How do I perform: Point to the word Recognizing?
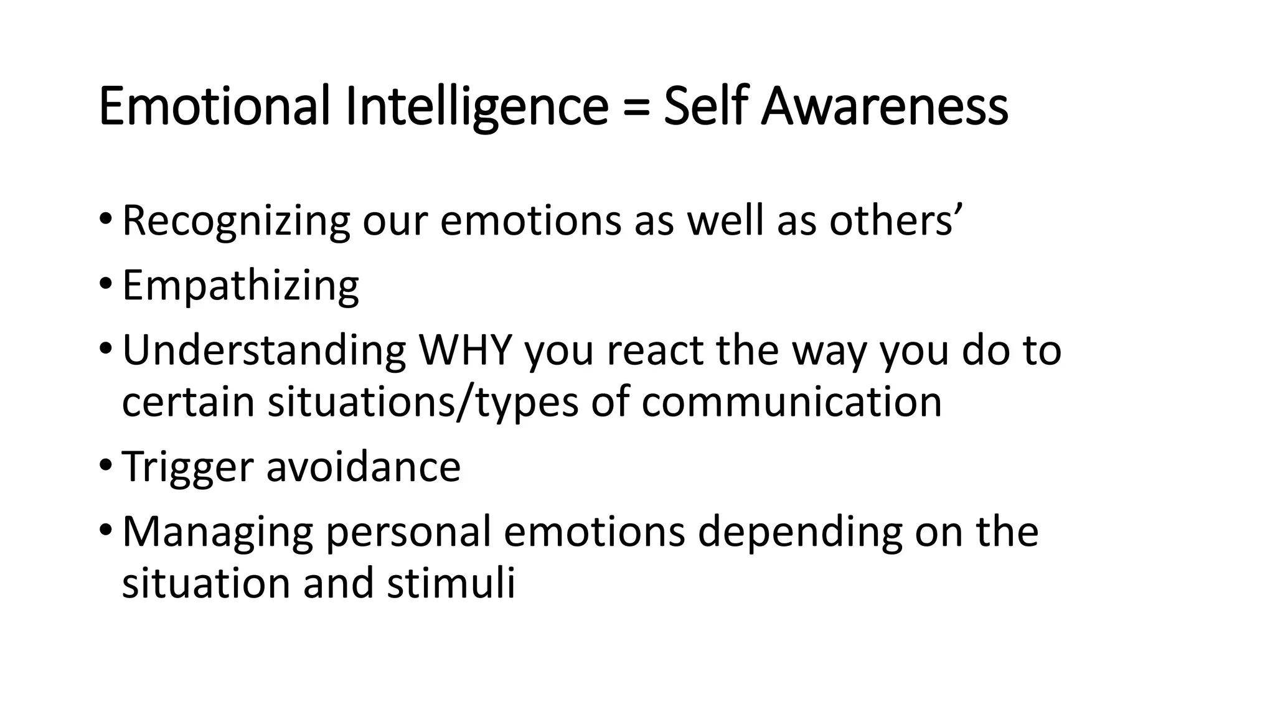click(236, 221)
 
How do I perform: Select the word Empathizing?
click(240, 286)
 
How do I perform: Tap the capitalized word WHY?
click(465, 350)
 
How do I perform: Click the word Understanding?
click(264, 350)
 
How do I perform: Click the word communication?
click(791, 402)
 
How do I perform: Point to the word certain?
click(188, 402)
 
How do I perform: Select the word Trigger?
click(187, 467)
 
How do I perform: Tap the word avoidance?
click(364, 467)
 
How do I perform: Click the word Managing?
click(217, 533)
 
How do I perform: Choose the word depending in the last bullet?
click(799, 533)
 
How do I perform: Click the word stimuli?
click(451, 584)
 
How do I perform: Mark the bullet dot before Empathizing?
click(105, 285)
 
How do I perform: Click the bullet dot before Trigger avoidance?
click(105, 466)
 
